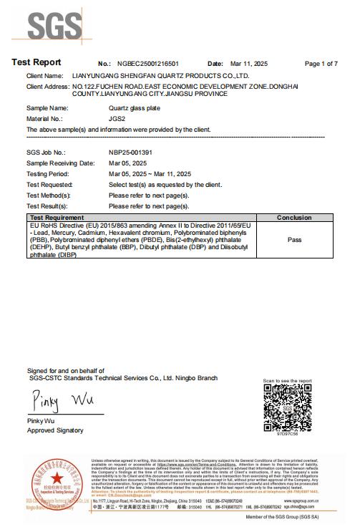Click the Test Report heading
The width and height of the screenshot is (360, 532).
pos(37,62)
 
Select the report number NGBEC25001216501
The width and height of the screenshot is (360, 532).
pos(148,64)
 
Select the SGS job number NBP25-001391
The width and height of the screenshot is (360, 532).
pos(130,153)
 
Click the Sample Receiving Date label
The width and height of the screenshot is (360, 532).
pos(60,163)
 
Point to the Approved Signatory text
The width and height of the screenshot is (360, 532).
pos(55,430)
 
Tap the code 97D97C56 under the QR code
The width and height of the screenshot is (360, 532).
pos(287,434)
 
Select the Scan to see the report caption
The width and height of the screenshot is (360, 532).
pos(287,381)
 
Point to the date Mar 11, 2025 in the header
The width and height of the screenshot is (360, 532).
pos(249,64)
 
